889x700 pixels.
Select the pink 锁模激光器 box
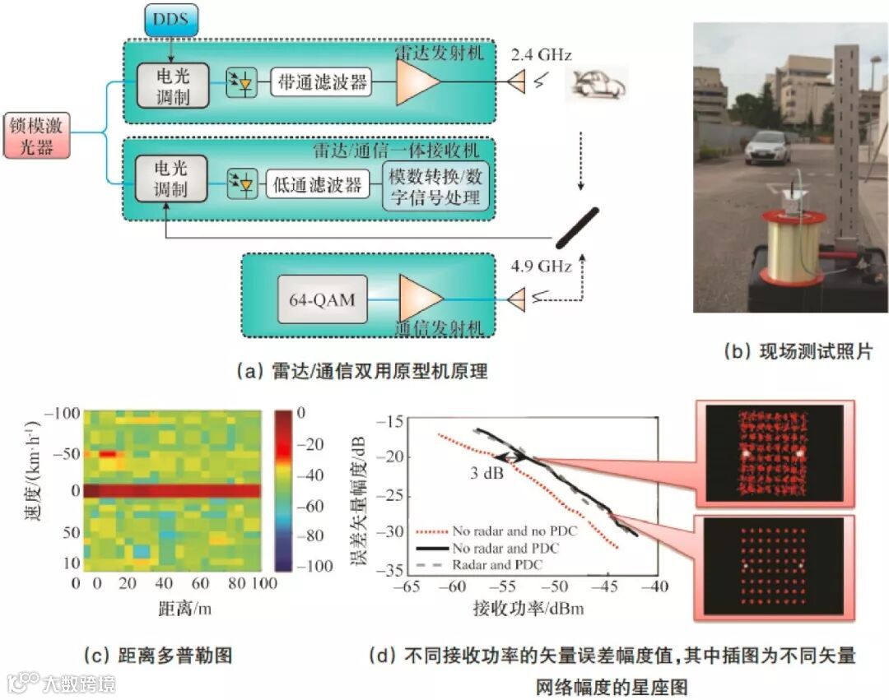coord(35,136)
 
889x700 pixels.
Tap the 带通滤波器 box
coord(321,81)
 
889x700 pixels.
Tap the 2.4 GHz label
coord(541,55)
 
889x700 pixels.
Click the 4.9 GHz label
coord(541,267)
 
